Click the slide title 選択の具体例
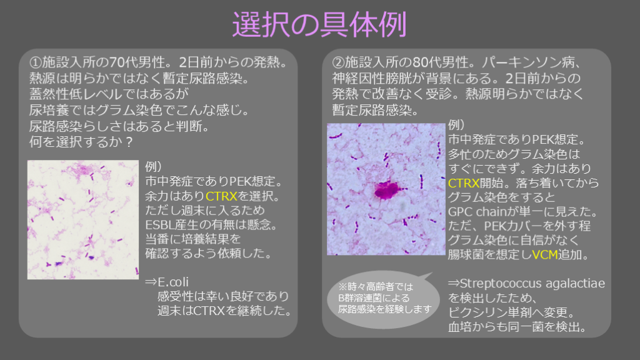(319, 24)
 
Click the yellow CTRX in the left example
(221, 196)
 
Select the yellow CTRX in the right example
(464, 183)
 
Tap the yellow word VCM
(545, 255)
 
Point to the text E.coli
(174, 282)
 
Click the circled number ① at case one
(36, 62)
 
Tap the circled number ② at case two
(338, 62)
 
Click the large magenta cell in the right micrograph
(386, 191)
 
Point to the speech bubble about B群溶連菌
(384, 299)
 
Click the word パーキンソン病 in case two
(531, 62)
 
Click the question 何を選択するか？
(81, 142)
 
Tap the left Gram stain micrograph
(83, 219)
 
